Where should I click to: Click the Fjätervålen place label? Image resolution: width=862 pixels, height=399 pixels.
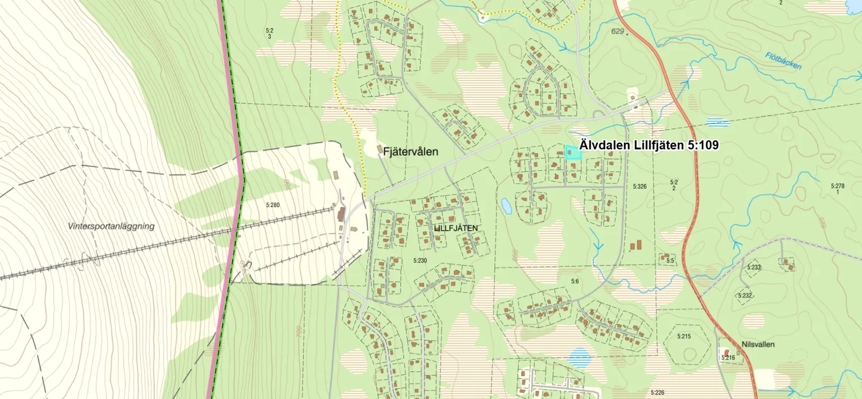410,152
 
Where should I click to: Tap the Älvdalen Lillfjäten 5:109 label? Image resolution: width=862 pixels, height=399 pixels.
649,145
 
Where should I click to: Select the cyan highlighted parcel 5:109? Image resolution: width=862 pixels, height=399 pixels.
573,153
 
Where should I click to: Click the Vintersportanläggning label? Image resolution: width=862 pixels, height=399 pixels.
111,226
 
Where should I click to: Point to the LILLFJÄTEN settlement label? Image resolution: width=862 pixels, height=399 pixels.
456,229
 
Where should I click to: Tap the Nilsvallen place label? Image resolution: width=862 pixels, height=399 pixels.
758,345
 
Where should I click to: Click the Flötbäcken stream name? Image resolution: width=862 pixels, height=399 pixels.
783,61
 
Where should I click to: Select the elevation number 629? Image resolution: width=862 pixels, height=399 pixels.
618,31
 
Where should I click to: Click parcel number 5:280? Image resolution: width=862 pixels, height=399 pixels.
273,205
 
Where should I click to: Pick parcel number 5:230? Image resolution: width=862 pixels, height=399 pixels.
420,260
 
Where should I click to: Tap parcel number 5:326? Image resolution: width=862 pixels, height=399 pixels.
639,186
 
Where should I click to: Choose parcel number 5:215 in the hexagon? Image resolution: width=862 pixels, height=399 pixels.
684,336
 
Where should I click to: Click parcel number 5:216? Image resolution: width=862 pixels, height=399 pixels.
728,358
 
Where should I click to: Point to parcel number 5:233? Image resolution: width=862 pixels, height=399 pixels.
753,267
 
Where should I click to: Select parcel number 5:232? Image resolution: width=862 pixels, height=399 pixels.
744,295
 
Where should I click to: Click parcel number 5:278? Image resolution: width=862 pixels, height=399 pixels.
837,186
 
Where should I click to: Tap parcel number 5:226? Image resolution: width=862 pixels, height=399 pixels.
657,392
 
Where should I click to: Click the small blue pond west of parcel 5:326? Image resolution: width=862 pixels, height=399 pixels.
506,206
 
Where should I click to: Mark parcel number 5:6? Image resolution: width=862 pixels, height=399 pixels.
575,281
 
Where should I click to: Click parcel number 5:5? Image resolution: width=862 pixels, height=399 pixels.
670,260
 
